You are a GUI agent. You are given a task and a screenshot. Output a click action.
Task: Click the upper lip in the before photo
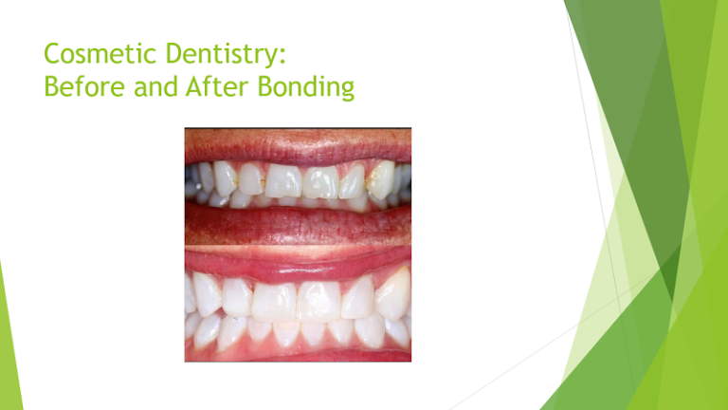pyautogui.click(x=297, y=144)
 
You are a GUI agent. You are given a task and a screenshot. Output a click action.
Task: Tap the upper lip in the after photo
pyautogui.click(x=297, y=267)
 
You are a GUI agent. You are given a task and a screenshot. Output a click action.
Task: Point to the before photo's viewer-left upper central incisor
pyautogui.click(x=282, y=180)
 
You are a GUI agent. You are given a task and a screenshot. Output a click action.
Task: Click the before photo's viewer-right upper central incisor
pyautogui.click(x=319, y=181)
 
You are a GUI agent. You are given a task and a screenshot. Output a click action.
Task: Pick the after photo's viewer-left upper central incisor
pyautogui.click(x=274, y=301)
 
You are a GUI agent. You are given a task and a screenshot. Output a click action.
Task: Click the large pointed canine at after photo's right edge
pyautogui.click(x=392, y=295)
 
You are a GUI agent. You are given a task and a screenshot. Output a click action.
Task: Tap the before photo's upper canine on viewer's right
pyautogui.click(x=381, y=179)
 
